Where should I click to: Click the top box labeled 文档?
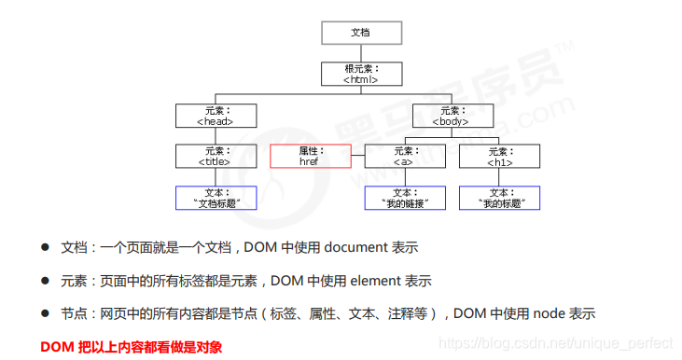pyautogui.click(x=360, y=32)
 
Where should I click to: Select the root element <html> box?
pyautogui.click(x=360, y=74)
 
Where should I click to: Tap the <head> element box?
pyautogui.click(x=215, y=116)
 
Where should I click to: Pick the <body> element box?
pyautogui.click(x=452, y=116)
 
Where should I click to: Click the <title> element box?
pyautogui.click(x=215, y=156)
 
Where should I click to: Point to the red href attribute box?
pyautogui.click(x=310, y=156)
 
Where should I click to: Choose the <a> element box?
pyautogui.click(x=404, y=156)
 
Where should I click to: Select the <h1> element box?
pyautogui.click(x=499, y=156)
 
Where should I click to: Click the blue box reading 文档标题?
pyautogui.click(x=215, y=198)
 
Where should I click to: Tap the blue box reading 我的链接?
pyautogui.click(x=404, y=198)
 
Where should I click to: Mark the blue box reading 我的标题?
pyautogui.click(x=499, y=198)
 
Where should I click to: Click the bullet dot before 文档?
pyautogui.click(x=45, y=247)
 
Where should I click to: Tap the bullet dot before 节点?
pyautogui.click(x=45, y=313)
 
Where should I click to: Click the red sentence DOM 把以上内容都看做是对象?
pyautogui.click(x=132, y=346)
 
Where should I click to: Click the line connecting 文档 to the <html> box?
pyautogui.click(x=360, y=53)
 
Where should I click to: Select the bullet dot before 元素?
pyautogui.click(x=45, y=280)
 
